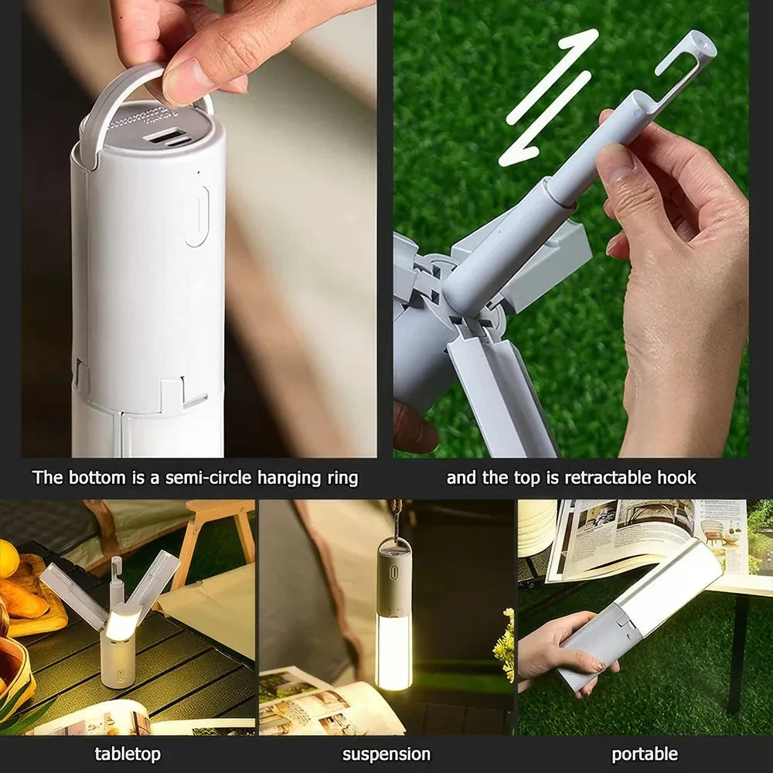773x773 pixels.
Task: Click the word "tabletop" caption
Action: (x=128, y=754)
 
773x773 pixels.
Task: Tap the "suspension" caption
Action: (x=386, y=754)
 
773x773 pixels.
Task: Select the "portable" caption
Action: (x=645, y=754)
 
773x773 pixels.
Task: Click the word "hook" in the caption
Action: (x=678, y=478)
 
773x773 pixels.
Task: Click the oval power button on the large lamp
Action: (x=196, y=216)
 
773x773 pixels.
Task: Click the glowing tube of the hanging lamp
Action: (x=394, y=649)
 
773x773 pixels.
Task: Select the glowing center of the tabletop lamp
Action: (x=121, y=622)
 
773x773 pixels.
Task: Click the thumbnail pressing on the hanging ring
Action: (x=182, y=81)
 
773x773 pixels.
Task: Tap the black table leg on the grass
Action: (x=734, y=657)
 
